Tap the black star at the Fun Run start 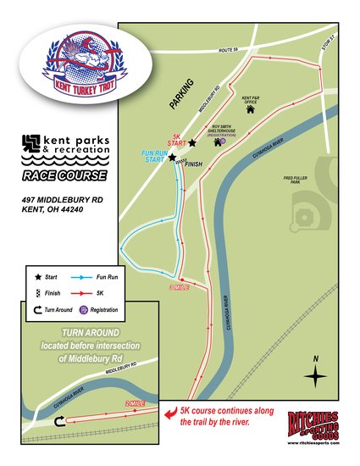[172, 158]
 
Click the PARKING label [180, 95]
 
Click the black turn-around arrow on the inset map [58, 421]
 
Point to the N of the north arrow [315, 359]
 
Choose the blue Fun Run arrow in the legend [83, 277]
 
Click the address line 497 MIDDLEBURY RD [62, 200]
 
